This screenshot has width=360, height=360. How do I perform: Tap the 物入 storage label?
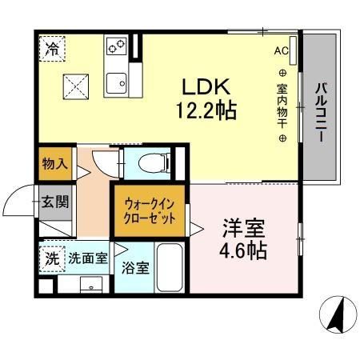click(x=54, y=165)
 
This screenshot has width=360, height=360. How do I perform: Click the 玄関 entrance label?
click(x=55, y=200)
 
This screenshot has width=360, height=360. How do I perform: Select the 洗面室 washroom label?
click(x=87, y=258)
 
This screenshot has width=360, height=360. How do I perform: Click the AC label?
click(x=281, y=51)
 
